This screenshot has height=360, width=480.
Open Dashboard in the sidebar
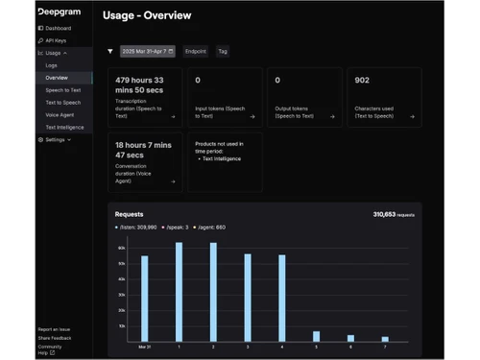point(58,29)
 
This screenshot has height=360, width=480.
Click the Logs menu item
point(52,65)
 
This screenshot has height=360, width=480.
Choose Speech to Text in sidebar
point(63,89)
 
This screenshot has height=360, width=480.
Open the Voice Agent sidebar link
point(60,114)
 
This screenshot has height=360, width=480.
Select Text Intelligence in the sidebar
point(64,127)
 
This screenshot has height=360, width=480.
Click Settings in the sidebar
point(56,139)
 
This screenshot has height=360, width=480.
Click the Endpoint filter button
point(196,52)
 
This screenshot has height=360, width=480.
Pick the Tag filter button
point(223,52)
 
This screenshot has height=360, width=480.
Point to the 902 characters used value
point(362,81)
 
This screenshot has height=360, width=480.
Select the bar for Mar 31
point(145,298)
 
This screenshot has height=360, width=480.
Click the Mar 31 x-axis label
point(145,347)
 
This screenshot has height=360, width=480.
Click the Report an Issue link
point(54,329)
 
